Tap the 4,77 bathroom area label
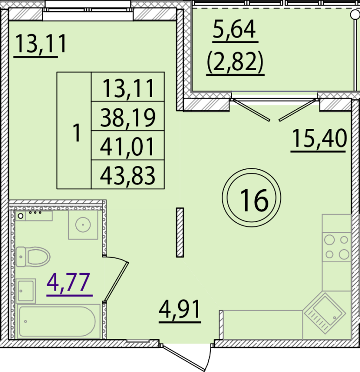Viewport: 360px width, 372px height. pyautogui.click(x=69, y=282)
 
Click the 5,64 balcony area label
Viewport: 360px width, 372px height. pyautogui.click(x=234, y=30)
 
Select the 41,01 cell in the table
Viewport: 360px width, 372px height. pyautogui.click(x=127, y=148)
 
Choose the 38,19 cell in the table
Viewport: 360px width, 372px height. pyautogui.click(x=127, y=119)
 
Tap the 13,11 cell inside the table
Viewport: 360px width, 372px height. pyautogui.click(x=127, y=88)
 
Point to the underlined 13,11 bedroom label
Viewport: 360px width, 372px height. pyautogui.click(x=41, y=45)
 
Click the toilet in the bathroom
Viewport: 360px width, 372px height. pyautogui.click(x=32, y=256)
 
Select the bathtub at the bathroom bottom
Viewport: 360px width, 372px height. pyautogui.click(x=57, y=321)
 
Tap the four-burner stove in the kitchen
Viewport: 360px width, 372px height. pyautogui.click(x=337, y=247)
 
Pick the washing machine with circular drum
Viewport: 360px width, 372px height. pyautogui.click(x=83, y=225)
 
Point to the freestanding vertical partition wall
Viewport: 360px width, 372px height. pyautogui.click(x=180, y=232)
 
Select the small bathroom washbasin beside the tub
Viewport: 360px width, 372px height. pyautogui.click(x=26, y=291)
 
